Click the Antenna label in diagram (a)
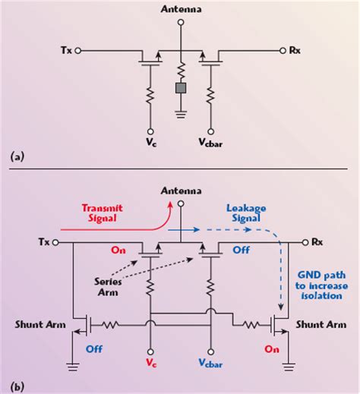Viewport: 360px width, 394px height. (181, 10)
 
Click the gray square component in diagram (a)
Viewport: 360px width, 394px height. (181, 88)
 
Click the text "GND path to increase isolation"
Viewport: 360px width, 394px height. (317, 282)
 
